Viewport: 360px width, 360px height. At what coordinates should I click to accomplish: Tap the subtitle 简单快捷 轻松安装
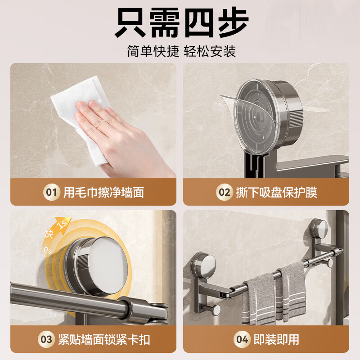(181, 51)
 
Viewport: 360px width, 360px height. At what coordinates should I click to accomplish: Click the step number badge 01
(51, 193)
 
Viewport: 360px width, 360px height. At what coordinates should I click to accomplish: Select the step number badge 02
(224, 193)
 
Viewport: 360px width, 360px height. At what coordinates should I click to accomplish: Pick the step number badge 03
(47, 339)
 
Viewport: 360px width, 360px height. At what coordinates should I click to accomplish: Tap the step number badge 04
(242, 339)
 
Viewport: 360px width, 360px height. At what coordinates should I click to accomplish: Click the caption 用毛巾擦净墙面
(103, 193)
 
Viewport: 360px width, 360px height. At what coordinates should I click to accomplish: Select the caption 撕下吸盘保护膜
(276, 193)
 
